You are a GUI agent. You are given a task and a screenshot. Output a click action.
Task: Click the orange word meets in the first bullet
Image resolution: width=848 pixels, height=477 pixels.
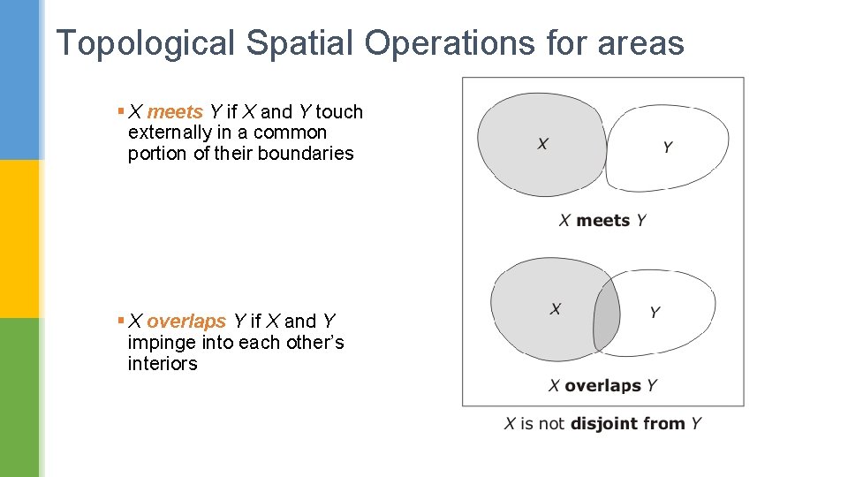(175, 112)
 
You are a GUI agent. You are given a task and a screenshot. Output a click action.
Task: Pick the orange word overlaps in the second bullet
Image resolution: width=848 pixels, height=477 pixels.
(186, 322)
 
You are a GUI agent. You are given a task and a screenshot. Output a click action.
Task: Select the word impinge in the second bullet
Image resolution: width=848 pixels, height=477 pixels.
(161, 343)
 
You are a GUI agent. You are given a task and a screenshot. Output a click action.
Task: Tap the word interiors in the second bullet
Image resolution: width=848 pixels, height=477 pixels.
(163, 364)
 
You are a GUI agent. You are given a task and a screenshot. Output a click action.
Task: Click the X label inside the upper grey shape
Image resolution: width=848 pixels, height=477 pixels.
(542, 143)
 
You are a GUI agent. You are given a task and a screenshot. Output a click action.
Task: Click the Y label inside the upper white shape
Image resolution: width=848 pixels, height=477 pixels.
(668, 147)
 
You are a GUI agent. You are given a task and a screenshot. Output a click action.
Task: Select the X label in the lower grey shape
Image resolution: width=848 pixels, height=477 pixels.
(556, 308)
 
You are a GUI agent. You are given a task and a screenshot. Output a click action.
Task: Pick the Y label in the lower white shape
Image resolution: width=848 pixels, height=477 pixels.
(655, 312)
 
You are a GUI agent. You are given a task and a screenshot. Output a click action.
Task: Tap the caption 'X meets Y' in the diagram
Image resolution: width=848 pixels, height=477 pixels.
(602, 220)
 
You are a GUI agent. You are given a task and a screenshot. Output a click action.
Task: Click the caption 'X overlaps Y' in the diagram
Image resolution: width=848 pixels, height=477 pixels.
(602, 385)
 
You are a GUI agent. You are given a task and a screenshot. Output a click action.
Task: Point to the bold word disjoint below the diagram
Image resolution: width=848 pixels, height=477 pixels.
(605, 424)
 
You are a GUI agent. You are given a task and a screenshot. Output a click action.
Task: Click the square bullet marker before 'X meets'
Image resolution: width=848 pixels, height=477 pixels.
(120, 111)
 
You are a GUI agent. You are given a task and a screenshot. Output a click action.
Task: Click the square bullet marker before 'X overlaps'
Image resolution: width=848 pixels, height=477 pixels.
(120, 321)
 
